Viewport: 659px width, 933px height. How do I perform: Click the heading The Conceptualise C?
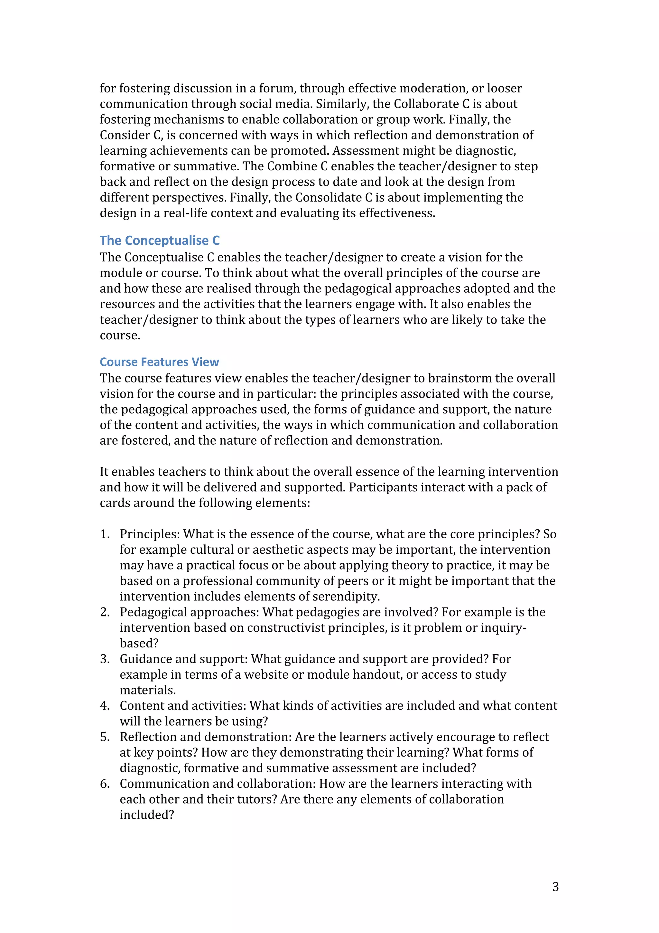pos(160,240)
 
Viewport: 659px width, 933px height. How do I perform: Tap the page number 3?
pos(555,887)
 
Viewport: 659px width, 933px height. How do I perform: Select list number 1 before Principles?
pos(105,534)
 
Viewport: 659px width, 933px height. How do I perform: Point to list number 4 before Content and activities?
pos(105,706)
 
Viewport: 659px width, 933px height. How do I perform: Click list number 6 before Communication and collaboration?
pos(105,784)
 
